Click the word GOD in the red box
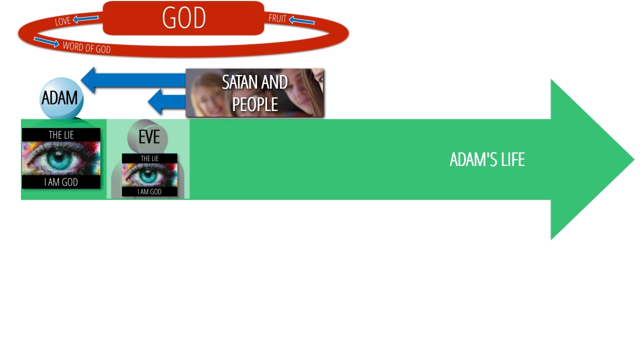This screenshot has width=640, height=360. point(183,17)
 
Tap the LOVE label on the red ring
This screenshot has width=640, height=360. point(63,21)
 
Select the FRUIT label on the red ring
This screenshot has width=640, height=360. point(277,18)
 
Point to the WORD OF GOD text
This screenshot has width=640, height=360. point(86,47)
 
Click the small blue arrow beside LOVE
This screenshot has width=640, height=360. point(85,19)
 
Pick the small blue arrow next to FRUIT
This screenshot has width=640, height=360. point(301,20)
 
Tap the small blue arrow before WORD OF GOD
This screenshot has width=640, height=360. point(46,42)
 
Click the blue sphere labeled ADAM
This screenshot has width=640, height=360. point(61,98)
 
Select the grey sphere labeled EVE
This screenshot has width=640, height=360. point(147,137)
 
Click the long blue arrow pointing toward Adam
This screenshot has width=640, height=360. point(133,80)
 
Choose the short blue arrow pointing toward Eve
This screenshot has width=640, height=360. point(167,101)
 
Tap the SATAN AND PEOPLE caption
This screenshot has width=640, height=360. point(255,93)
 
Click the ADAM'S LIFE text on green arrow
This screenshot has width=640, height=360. point(487,159)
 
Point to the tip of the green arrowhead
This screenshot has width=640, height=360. point(634,159)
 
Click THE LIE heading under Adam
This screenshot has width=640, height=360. point(61,135)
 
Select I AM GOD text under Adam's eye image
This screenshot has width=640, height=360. point(61,182)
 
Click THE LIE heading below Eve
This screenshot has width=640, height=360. point(149,158)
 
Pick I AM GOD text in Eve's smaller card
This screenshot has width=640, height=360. point(149,191)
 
